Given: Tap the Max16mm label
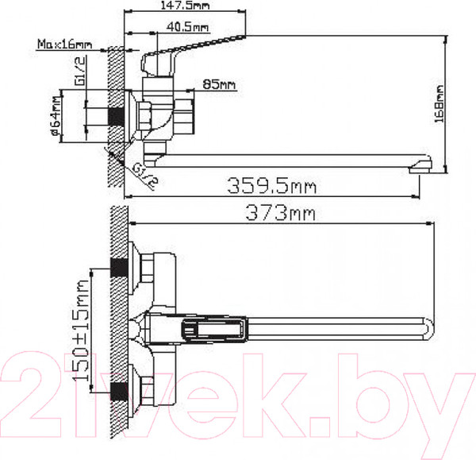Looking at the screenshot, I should [x=64, y=44].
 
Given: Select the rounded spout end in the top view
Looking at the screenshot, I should [x=428, y=327].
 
